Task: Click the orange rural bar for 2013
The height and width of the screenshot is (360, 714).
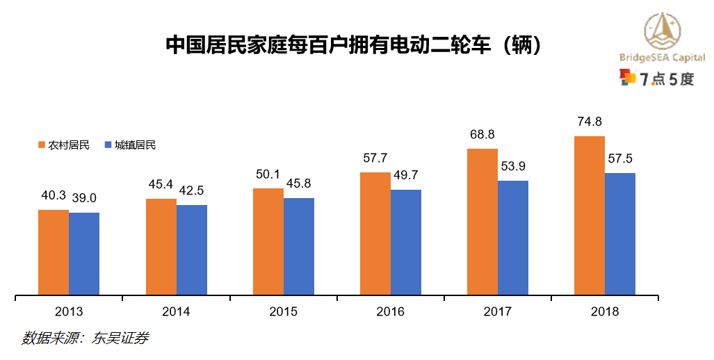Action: [54, 252]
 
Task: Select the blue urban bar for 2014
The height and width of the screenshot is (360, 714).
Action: [192, 250]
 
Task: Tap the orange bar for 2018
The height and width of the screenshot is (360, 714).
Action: [589, 215]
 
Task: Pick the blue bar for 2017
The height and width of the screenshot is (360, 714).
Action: [513, 238]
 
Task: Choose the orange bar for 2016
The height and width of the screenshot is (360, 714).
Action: [375, 234]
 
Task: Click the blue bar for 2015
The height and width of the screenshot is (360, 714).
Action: [299, 247]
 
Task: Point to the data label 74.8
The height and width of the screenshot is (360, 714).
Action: [590, 122]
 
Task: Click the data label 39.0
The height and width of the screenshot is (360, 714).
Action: [85, 198]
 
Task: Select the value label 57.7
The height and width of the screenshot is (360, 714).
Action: [375, 158]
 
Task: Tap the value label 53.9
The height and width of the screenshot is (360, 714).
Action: [513, 166]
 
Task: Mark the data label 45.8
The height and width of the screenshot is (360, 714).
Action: [299, 184]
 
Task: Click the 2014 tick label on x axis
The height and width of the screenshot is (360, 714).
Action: [176, 312]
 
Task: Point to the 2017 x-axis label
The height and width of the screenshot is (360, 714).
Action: [497, 312]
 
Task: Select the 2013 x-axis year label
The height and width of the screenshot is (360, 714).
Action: [69, 312]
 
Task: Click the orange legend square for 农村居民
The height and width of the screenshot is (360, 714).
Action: [41, 145]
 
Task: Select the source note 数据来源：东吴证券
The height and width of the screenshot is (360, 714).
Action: [85, 338]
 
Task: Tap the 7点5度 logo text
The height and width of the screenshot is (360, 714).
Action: [666, 79]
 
